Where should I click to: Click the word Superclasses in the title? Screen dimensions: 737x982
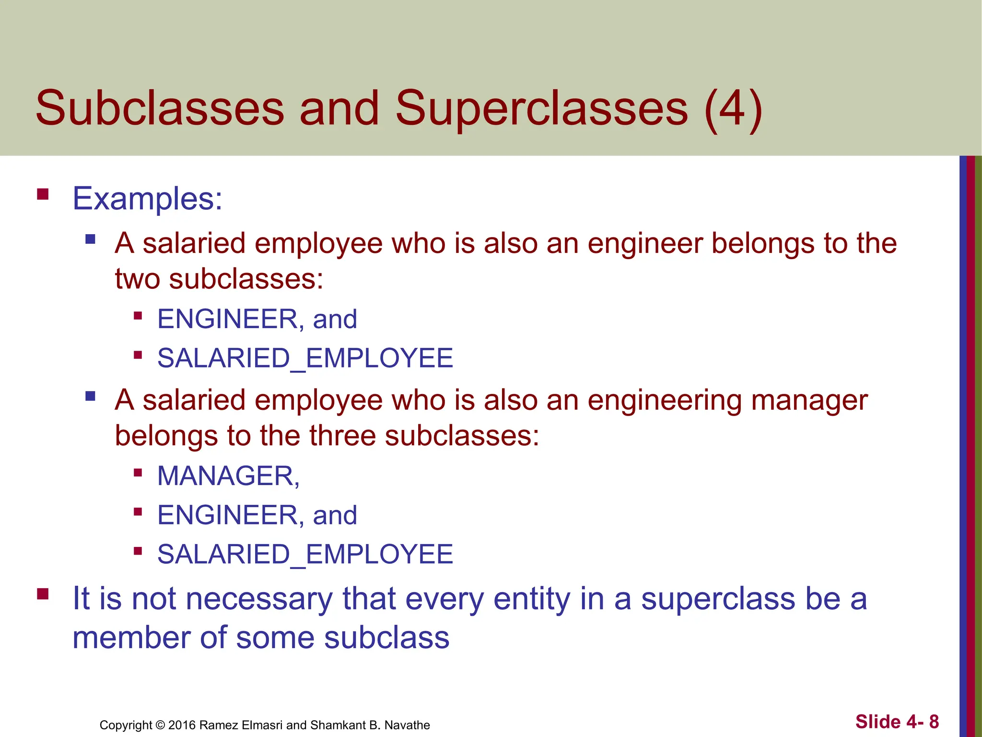[541, 109]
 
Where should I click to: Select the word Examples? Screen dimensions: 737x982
[147, 199]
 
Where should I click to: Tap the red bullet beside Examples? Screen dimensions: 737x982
[43, 194]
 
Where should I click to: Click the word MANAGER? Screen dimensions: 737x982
[228, 476]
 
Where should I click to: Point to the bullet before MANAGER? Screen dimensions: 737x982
[138, 473]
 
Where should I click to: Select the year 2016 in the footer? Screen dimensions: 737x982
[182, 725]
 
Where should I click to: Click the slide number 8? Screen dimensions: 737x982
[934, 722]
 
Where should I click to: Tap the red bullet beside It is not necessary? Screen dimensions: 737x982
[43, 594]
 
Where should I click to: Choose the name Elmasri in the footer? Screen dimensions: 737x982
[263, 725]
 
